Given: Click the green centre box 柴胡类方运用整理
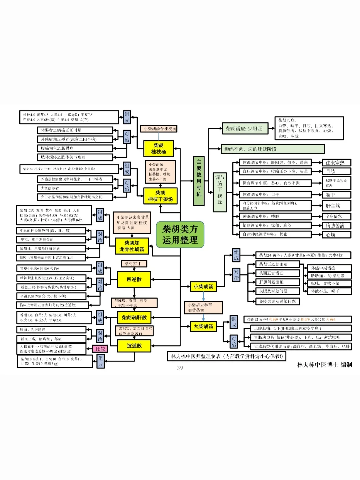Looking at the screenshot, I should [x=180, y=235].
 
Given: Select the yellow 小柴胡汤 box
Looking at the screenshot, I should [x=203, y=286].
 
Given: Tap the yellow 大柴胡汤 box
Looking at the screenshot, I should [x=203, y=326].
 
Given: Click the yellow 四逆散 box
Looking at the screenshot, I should [x=134, y=279].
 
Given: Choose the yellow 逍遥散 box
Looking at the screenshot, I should [x=134, y=346].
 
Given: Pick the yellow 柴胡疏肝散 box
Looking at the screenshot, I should [x=134, y=317].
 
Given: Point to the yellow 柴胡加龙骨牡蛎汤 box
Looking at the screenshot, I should [x=132, y=246].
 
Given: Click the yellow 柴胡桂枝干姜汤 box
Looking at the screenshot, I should [x=160, y=196].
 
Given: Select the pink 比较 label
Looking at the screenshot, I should [x=100, y=349].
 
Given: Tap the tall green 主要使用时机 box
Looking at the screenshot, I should [x=199, y=180].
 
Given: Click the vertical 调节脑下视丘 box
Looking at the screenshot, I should [x=220, y=192].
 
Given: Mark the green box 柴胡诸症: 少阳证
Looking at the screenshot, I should [x=245, y=128].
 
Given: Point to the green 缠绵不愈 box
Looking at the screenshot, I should [x=272, y=149].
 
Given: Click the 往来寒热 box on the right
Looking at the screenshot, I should [x=336, y=163].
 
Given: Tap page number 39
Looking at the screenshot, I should [x=180, y=368].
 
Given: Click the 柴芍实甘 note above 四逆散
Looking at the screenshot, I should [x=134, y=264].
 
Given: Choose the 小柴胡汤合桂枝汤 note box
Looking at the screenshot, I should [x=159, y=128].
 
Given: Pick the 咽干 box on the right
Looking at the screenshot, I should [x=336, y=195].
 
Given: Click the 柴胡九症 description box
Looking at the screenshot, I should [x=309, y=128].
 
